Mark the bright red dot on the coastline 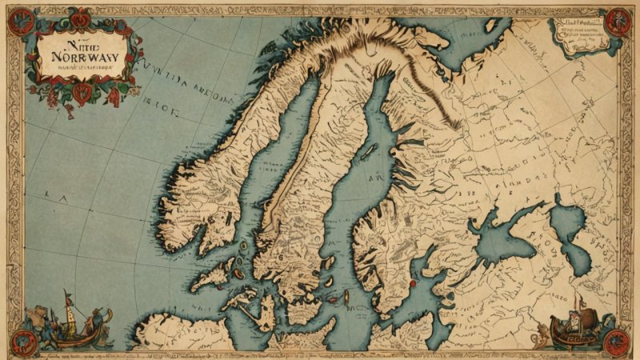click(x=413, y=282)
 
